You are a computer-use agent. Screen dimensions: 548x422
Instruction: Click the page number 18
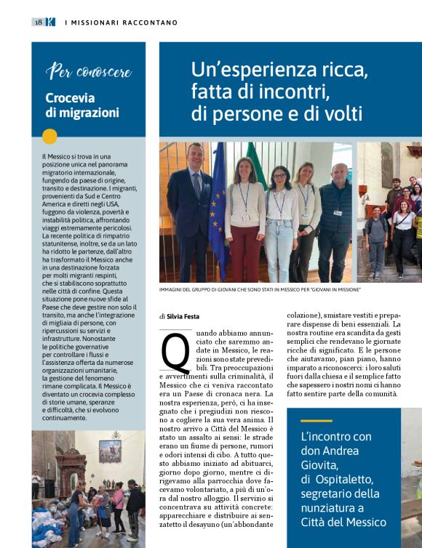click(x=37, y=23)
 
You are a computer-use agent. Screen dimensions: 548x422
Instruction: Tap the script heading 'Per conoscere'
click(x=89, y=71)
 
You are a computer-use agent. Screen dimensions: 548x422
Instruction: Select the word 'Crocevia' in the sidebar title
click(x=70, y=98)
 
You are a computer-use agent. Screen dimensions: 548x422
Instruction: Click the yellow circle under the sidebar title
click(x=49, y=136)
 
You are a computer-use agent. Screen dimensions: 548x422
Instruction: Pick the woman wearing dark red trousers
click(x=244, y=218)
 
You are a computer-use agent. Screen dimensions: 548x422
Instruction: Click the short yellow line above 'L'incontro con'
click(x=316, y=421)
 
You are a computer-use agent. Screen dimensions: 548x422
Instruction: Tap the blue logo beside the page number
click(x=50, y=23)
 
